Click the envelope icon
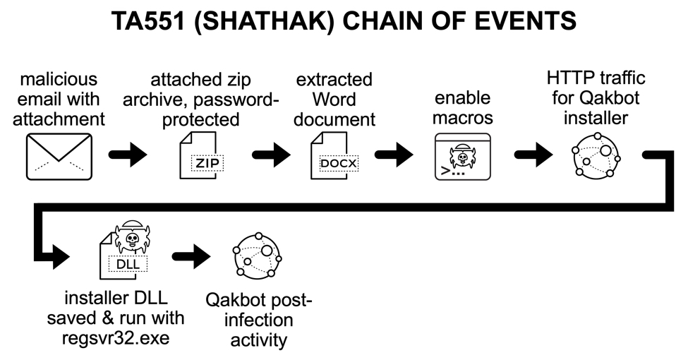(x=59, y=157)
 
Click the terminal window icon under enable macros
(x=463, y=157)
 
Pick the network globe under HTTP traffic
(x=596, y=157)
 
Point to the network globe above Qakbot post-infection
(x=257, y=256)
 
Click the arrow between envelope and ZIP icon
(x=128, y=155)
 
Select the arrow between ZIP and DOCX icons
(x=272, y=155)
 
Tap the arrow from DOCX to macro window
(x=394, y=155)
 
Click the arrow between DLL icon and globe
(x=191, y=256)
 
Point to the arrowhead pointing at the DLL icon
(x=61, y=256)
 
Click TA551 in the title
(x=148, y=20)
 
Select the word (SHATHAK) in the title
(x=263, y=20)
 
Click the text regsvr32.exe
(x=116, y=338)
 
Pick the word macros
(x=463, y=118)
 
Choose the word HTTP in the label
(x=569, y=78)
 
